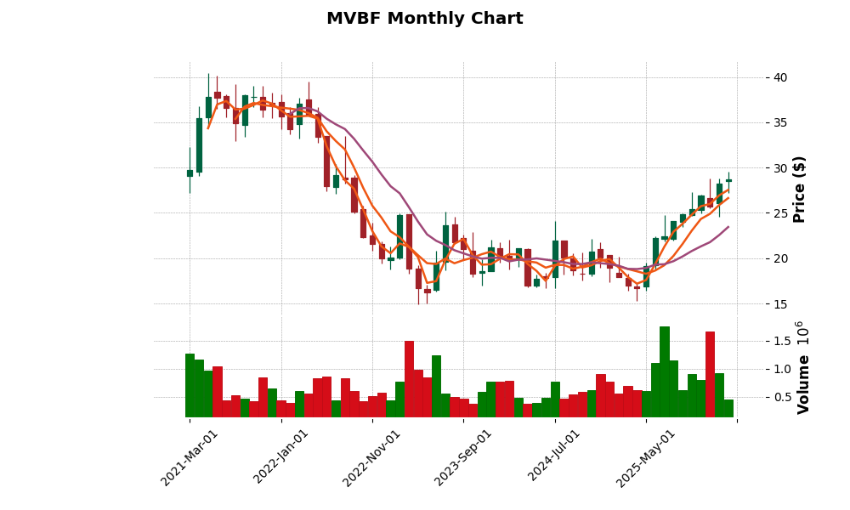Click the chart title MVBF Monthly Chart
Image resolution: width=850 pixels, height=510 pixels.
(x=424, y=19)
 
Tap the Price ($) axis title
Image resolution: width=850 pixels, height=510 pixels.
(x=800, y=189)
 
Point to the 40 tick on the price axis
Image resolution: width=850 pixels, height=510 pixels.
(x=779, y=77)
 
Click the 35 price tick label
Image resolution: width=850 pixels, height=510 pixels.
(x=779, y=122)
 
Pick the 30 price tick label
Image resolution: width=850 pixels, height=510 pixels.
(x=779, y=168)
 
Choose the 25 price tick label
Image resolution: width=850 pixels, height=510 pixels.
(x=779, y=213)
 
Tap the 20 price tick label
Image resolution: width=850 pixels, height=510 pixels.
(x=779, y=258)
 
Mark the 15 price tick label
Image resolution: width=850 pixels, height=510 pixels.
(x=779, y=303)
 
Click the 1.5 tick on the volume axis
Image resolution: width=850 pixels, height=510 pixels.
(x=782, y=341)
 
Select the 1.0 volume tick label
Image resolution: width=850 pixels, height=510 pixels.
(x=782, y=369)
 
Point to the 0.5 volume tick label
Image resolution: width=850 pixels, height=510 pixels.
(x=782, y=397)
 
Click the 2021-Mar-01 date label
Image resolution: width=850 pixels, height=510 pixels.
(x=190, y=457)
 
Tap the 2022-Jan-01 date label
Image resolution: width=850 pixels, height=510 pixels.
(x=281, y=457)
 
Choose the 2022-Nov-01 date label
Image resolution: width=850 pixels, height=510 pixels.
(x=372, y=457)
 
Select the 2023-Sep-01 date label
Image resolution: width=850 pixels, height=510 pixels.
(x=464, y=457)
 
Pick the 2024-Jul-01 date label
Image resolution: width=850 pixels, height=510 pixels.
(x=555, y=457)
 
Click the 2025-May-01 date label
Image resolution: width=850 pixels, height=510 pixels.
(x=646, y=457)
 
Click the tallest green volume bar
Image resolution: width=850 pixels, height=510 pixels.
(x=665, y=372)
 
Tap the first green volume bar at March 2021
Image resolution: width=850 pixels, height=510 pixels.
(x=190, y=386)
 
